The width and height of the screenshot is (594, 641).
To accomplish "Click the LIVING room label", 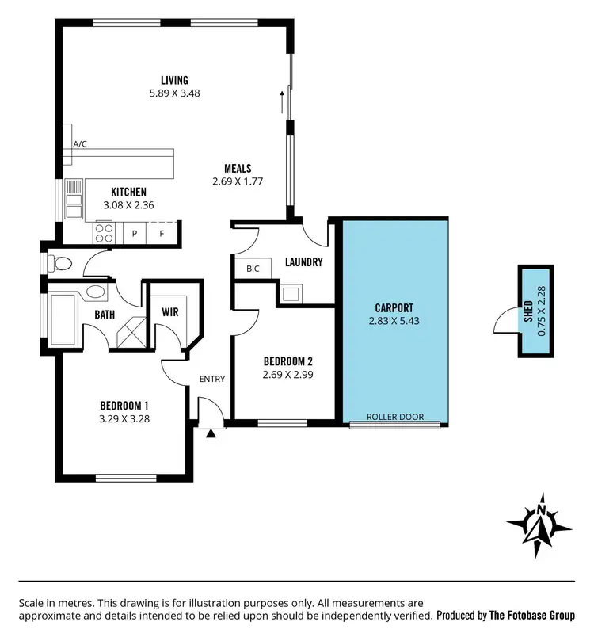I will tap(174, 80).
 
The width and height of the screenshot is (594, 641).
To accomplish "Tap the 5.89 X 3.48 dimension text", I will tap(174, 93).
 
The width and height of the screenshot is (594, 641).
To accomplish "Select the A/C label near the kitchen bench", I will tap(80, 144).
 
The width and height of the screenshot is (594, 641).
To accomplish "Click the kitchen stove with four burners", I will tap(105, 231).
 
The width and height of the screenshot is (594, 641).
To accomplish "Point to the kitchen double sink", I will tap(74, 199).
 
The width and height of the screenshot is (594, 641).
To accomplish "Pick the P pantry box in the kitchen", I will tap(135, 233).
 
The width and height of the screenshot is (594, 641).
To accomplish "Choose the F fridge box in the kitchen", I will tap(161, 233).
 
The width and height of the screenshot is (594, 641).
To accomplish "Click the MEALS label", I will tap(238, 168).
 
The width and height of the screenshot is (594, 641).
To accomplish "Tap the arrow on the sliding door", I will tap(281, 101).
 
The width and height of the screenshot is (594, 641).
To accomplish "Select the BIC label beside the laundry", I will tap(253, 269).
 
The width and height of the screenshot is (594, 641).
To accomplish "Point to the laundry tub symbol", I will tap(290, 294).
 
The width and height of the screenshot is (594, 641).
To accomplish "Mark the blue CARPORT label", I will tap(394, 307).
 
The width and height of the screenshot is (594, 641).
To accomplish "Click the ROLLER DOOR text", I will tap(394, 417).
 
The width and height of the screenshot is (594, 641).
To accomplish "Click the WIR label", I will tap(169, 311).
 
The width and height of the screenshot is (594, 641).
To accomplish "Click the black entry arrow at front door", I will tap(210, 433).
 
